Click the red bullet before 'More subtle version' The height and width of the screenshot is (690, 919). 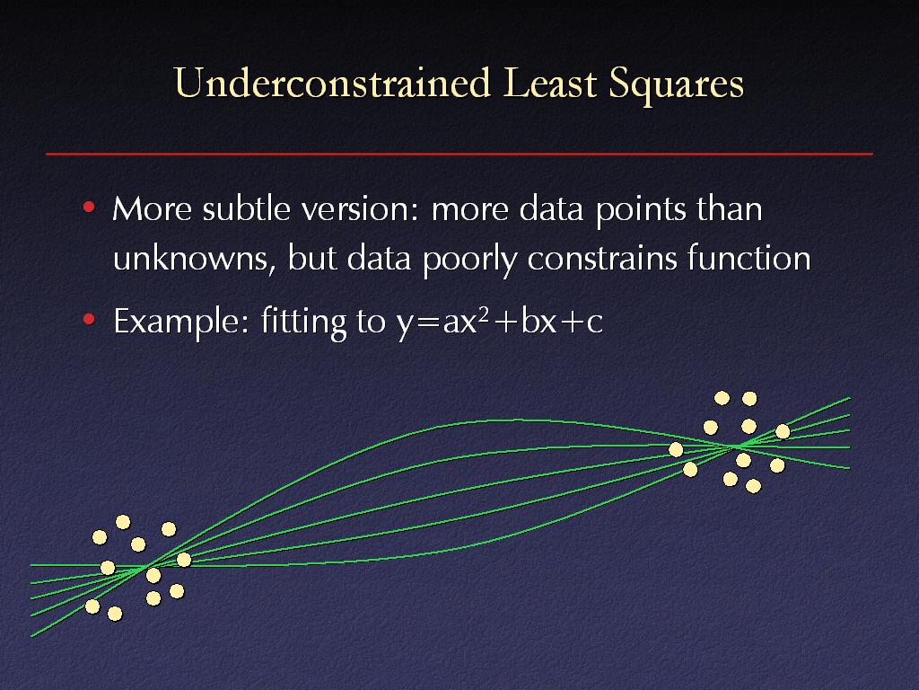(89, 208)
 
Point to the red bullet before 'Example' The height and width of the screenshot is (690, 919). (89, 320)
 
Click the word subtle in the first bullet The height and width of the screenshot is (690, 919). (246, 208)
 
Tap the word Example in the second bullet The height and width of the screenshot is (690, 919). (181, 322)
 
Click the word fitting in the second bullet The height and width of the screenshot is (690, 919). (303, 323)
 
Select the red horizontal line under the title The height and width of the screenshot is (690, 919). (459, 154)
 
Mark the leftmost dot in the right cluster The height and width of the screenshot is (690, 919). (676, 449)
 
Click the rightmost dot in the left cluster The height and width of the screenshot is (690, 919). (183, 560)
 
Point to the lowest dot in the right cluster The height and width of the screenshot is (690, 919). (753, 486)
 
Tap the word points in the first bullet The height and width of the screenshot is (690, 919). (641, 211)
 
